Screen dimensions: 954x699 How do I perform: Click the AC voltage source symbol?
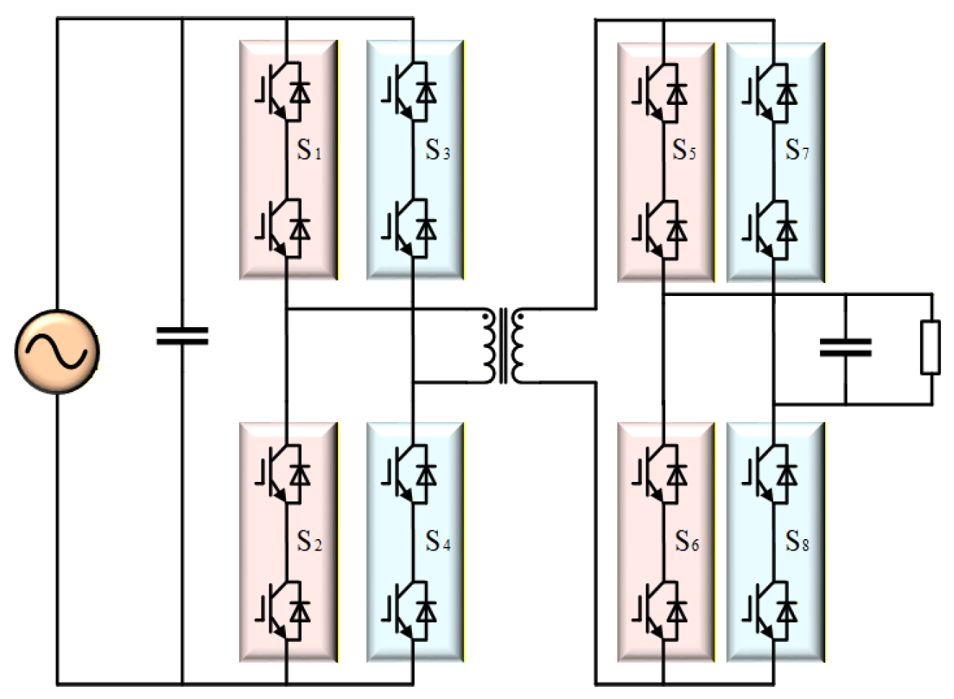pos(57,352)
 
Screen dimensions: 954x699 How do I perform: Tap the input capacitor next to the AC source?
pos(182,336)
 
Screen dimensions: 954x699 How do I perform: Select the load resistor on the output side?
pos(930,348)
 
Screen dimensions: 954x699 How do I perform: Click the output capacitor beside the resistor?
pos(846,347)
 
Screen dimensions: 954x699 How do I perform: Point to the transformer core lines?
pos(503,346)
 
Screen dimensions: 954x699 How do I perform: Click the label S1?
pos(309,150)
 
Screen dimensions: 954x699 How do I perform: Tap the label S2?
pos(310,541)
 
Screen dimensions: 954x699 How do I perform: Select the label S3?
pos(438,150)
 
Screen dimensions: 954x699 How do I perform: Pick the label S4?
pos(438,541)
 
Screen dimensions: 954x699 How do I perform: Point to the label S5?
pos(684,150)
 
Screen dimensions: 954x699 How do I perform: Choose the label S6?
pos(687,541)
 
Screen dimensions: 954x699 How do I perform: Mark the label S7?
pos(797,150)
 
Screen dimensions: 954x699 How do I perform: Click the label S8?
pos(797,541)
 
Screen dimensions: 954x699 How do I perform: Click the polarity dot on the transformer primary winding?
pos(486,317)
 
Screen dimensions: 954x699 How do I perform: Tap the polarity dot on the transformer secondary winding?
pos(520,317)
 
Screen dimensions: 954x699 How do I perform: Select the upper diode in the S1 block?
pos(300,93)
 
